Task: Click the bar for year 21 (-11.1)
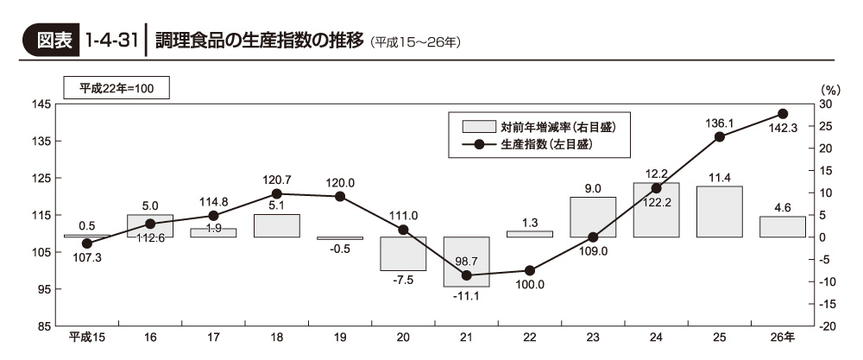(x=466, y=262)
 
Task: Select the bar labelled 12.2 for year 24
(x=656, y=210)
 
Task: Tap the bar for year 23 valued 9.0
(x=593, y=217)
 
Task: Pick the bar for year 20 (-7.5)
(x=403, y=254)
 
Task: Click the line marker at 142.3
(x=783, y=114)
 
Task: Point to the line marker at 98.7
(x=466, y=275)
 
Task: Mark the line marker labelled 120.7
(x=276, y=194)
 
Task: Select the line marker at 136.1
(x=720, y=136)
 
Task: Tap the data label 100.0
(x=528, y=284)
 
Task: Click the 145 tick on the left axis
(x=41, y=104)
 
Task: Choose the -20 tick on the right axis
(x=828, y=326)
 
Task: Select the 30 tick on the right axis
(x=827, y=104)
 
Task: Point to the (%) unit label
(x=829, y=89)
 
